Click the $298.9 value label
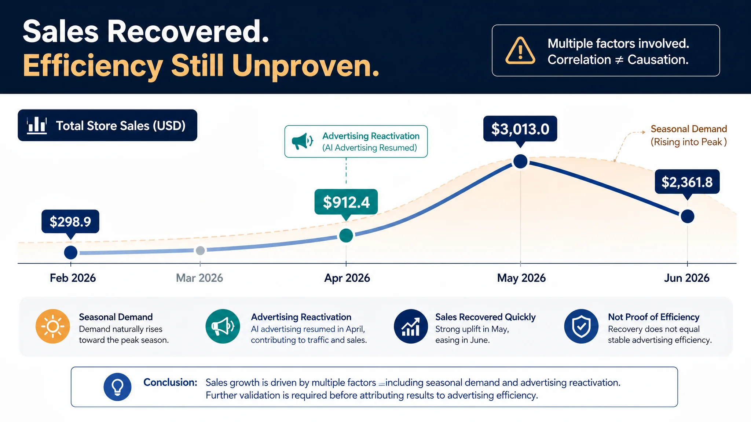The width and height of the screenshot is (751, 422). click(70, 222)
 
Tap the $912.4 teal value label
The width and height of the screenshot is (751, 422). click(346, 202)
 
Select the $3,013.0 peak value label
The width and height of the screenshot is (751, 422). click(520, 129)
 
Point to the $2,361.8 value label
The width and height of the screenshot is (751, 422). click(687, 182)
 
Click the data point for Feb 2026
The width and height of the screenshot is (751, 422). click(71, 252)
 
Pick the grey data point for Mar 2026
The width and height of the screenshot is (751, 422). click(200, 251)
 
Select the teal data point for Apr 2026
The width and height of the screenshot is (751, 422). click(346, 235)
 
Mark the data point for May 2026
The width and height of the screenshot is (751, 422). click(520, 162)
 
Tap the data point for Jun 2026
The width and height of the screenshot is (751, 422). click(688, 216)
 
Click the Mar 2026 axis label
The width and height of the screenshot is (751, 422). click(199, 278)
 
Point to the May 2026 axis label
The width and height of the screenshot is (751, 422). click(521, 278)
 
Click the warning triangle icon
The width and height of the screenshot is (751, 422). click(520, 51)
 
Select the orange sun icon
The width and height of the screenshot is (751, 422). click(53, 326)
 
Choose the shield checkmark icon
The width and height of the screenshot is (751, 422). click(581, 326)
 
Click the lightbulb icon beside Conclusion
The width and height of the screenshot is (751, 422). click(117, 387)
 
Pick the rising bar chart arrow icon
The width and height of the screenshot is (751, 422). click(411, 326)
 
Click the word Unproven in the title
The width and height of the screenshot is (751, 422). click(306, 66)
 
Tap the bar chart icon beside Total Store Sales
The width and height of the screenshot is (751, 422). click(37, 125)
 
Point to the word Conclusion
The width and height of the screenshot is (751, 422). click(171, 382)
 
